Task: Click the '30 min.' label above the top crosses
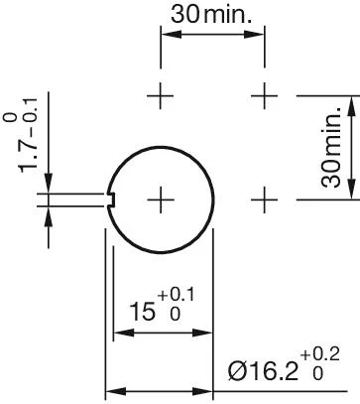tap(212, 16)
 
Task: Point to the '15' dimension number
tap(144, 314)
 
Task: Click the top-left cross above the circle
tap(161, 95)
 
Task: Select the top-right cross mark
tap(264, 95)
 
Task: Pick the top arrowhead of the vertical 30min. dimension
tap(350, 103)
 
